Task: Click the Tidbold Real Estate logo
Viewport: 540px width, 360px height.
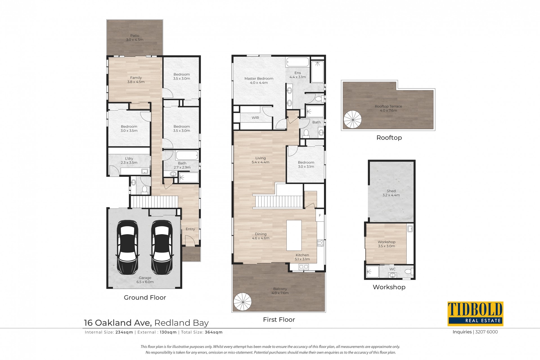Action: pyautogui.click(x=475, y=314)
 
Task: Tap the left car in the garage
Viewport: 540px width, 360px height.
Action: pyautogui.click(x=127, y=248)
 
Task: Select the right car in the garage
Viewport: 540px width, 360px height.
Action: pyautogui.click(x=162, y=248)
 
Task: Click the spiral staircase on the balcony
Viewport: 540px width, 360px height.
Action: pyautogui.click(x=243, y=302)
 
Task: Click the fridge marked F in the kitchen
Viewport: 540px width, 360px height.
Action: pyautogui.click(x=320, y=216)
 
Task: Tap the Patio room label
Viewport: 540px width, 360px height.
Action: pyautogui.click(x=135, y=38)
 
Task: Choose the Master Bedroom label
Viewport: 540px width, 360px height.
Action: pyautogui.click(x=259, y=81)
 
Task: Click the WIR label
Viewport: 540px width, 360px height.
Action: pyautogui.click(x=255, y=118)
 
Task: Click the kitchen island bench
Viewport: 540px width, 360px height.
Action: pyautogui.click(x=294, y=235)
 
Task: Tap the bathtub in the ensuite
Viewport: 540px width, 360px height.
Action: pyautogui.click(x=298, y=62)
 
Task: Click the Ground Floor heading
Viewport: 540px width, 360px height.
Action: pyautogui.click(x=145, y=298)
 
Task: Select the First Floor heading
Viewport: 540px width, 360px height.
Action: pyautogui.click(x=279, y=320)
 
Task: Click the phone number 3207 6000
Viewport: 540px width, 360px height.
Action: pyautogui.click(x=486, y=332)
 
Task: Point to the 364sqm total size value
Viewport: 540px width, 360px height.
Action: pyautogui.click(x=214, y=332)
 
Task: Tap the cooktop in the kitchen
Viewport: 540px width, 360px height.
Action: pyautogui.click(x=321, y=243)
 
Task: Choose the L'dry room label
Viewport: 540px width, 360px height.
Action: pyautogui.click(x=129, y=160)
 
